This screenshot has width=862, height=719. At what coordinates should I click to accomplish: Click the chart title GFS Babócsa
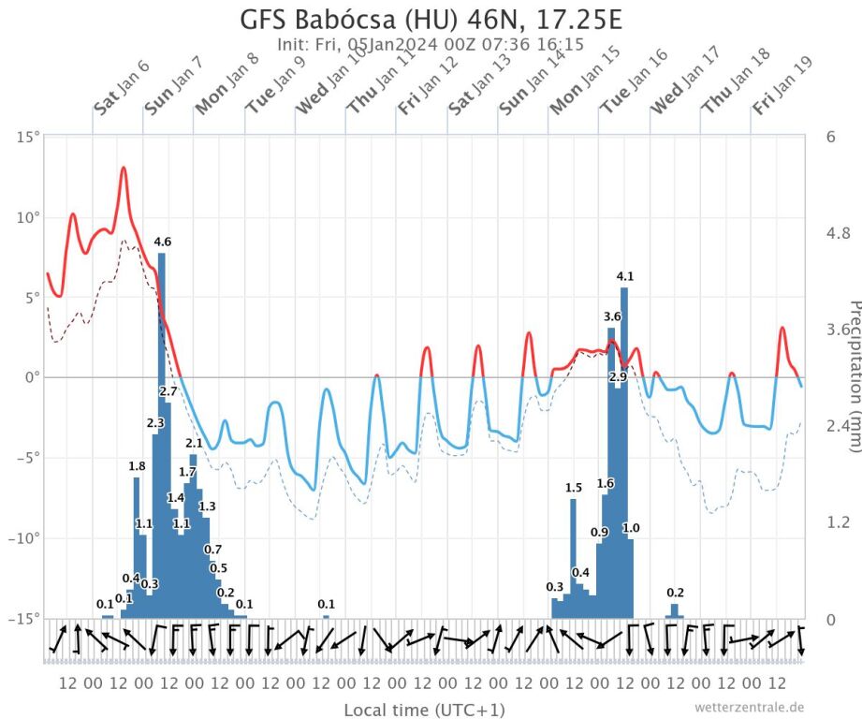(x=431, y=20)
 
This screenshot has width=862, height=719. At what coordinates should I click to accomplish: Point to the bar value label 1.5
(x=574, y=488)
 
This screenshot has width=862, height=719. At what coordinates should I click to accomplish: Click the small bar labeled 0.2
(x=675, y=610)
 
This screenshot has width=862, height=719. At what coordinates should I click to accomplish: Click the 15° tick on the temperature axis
(x=29, y=138)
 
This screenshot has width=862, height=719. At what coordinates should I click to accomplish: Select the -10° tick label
(x=26, y=538)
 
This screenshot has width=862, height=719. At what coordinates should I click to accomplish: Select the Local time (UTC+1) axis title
(x=424, y=709)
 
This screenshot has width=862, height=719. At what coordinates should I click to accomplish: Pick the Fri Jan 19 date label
(x=782, y=86)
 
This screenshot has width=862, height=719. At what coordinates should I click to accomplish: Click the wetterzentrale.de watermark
(x=749, y=708)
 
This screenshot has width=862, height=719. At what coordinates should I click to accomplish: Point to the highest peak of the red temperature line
(x=123, y=169)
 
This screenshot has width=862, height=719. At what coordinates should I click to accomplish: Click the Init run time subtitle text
(x=431, y=44)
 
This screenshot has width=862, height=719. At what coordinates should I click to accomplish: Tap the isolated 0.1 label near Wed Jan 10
(x=326, y=604)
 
